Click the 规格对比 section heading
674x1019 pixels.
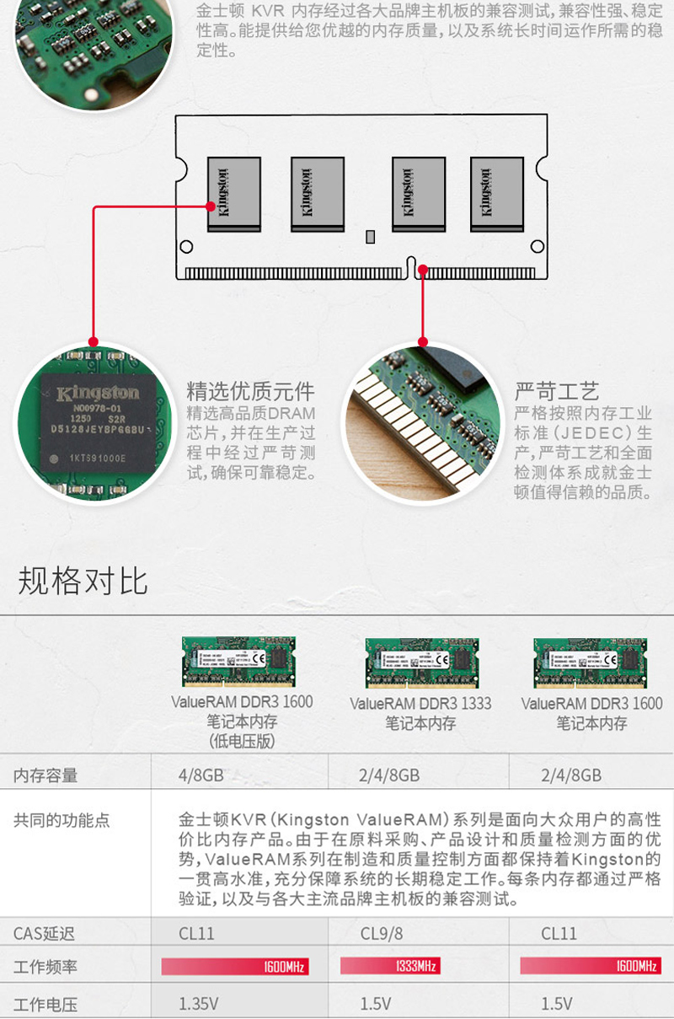(x=83, y=582)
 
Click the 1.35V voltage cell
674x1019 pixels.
(x=199, y=1004)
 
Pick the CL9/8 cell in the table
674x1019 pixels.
(x=382, y=933)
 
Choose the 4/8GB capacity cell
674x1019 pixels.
(x=201, y=775)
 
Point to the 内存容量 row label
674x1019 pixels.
(x=45, y=775)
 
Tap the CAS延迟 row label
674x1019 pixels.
(x=44, y=933)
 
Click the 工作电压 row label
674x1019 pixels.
(x=45, y=1004)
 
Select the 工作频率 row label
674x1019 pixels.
(x=45, y=967)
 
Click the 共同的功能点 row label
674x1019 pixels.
(x=62, y=820)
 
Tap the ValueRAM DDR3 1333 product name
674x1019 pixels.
(x=420, y=704)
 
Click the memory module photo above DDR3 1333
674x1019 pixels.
(x=420, y=662)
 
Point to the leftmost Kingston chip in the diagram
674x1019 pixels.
(x=234, y=194)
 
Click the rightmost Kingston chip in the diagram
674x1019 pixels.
(x=496, y=194)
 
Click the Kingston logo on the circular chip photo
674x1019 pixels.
(x=98, y=394)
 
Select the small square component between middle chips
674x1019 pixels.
(x=369, y=237)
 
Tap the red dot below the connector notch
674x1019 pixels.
(x=423, y=271)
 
